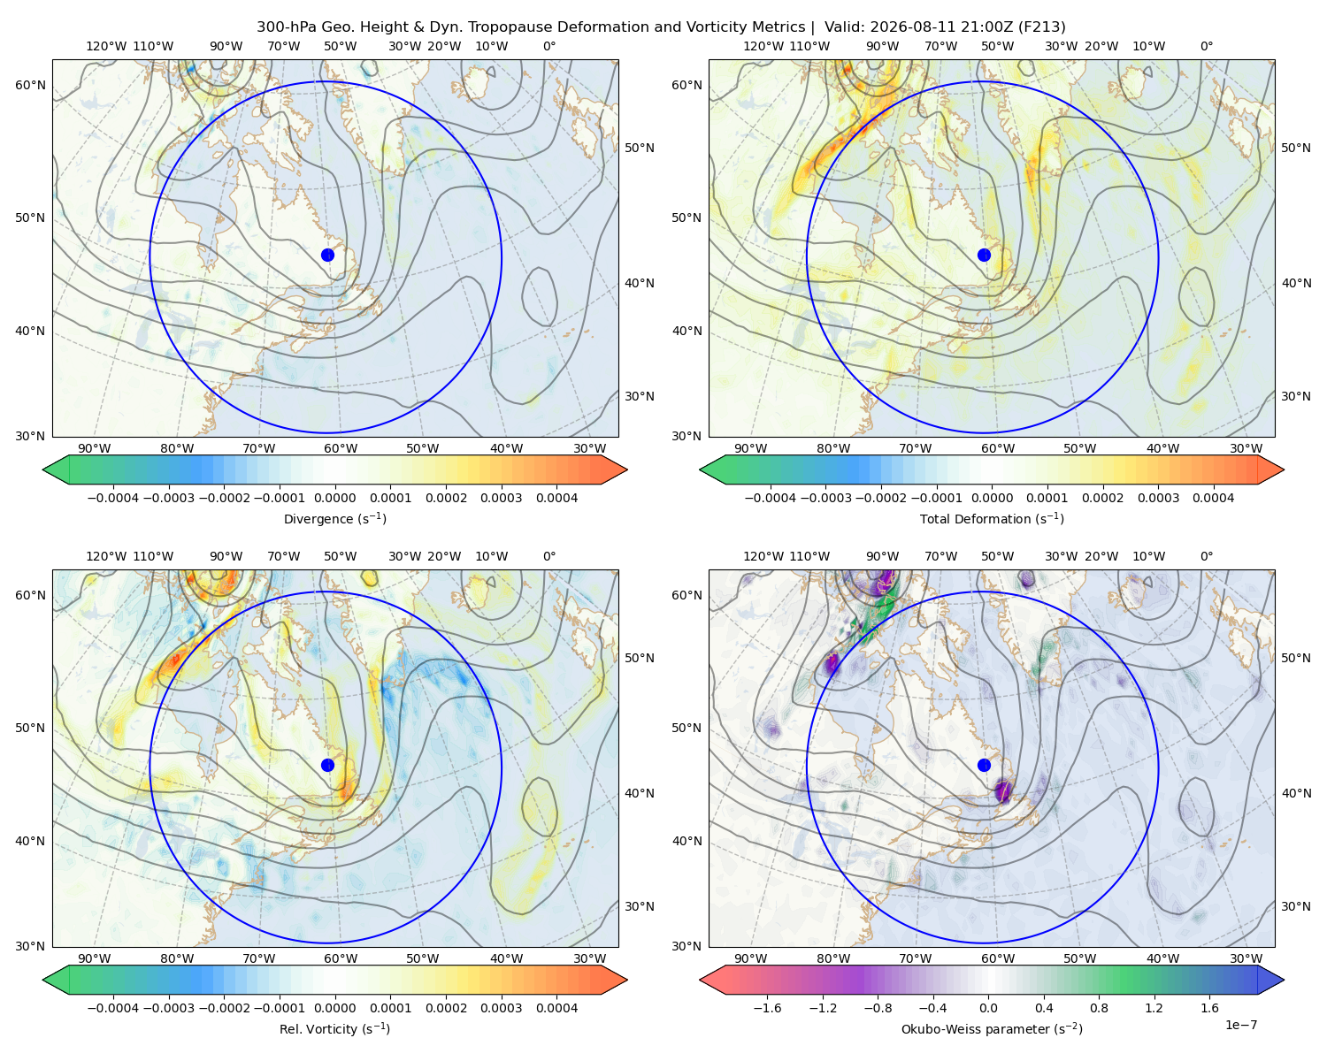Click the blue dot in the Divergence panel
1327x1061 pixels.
click(x=327, y=255)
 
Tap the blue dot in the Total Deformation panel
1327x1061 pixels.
click(x=984, y=255)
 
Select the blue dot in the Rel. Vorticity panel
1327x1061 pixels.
click(x=327, y=765)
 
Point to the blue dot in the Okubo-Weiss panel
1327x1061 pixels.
click(x=984, y=765)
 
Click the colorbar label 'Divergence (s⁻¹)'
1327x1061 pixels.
click(x=334, y=518)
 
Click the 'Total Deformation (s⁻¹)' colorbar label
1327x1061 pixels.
click(x=992, y=518)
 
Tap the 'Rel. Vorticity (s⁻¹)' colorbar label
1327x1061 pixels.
click(x=334, y=1028)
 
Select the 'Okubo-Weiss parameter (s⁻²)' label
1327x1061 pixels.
click(x=992, y=1028)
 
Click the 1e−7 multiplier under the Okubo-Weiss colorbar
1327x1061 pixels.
click(x=1240, y=1025)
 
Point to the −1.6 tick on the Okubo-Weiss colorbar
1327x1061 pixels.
click(x=767, y=1007)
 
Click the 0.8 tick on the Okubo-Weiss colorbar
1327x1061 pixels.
click(x=1099, y=1007)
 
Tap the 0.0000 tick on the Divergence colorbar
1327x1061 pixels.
click(x=334, y=498)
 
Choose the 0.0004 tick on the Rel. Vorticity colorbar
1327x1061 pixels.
click(x=556, y=1007)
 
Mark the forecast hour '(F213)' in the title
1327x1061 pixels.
click(x=1041, y=27)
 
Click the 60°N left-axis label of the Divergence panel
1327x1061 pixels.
click(x=30, y=85)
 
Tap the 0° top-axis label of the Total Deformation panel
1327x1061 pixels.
click(x=1206, y=46)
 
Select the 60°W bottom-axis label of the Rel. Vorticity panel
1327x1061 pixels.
click(x=341, y=958)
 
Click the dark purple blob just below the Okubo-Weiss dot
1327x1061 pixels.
click(x=1003, y=790)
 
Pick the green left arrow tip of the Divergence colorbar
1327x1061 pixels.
click(x=44, y=469)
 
